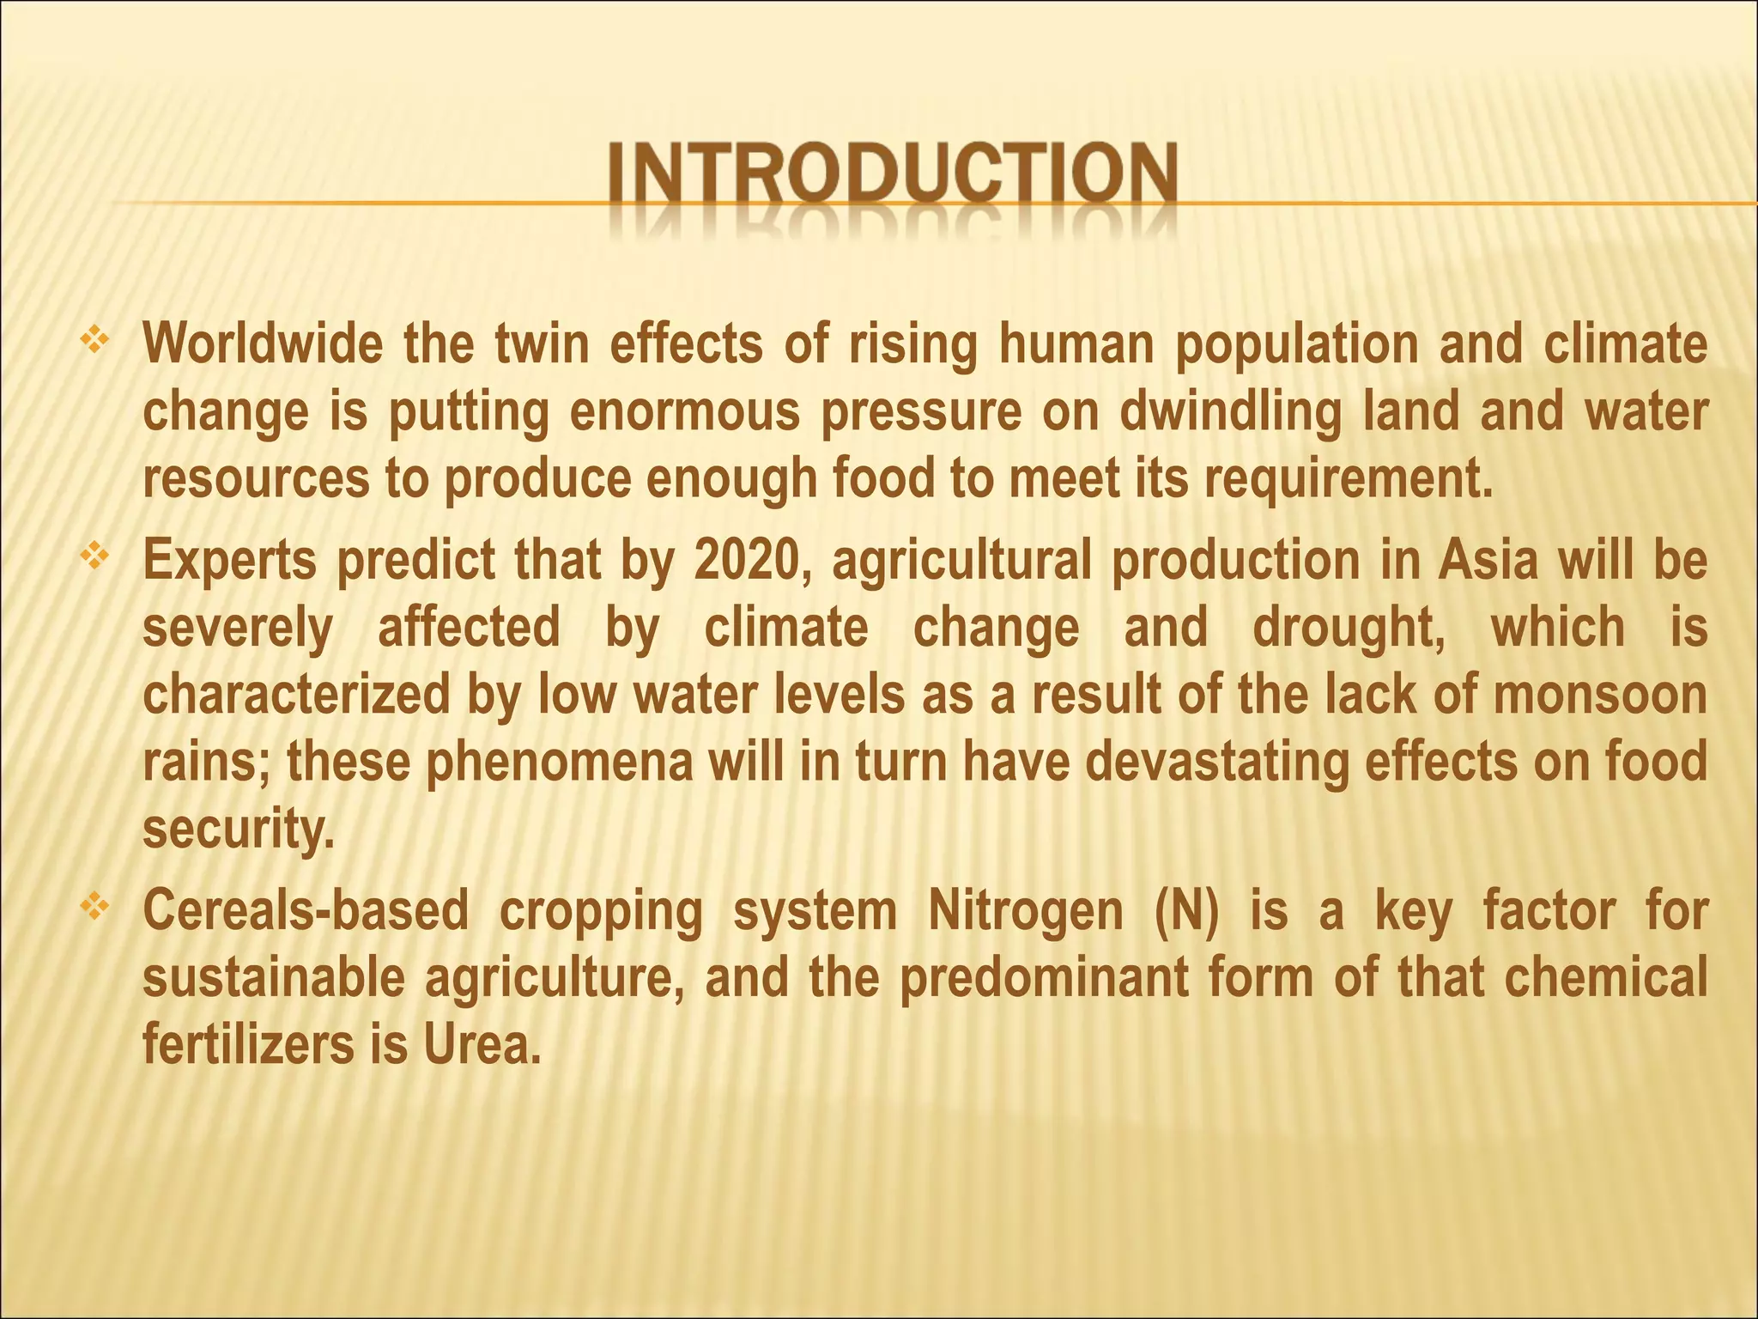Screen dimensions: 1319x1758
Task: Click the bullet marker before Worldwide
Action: tap(94, 341)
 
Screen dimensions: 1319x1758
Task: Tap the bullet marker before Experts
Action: tap(94, 558)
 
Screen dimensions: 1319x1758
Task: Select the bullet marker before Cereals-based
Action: tap(94, 906)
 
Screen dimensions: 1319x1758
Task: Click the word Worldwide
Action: tap(263, 344)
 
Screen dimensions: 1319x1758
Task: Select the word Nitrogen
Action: tap(1025, 911)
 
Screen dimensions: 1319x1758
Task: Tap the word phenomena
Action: tap(559, 763)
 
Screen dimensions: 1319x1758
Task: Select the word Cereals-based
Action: tap(306, 911)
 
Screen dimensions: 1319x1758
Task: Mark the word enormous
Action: tap(685, 412)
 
